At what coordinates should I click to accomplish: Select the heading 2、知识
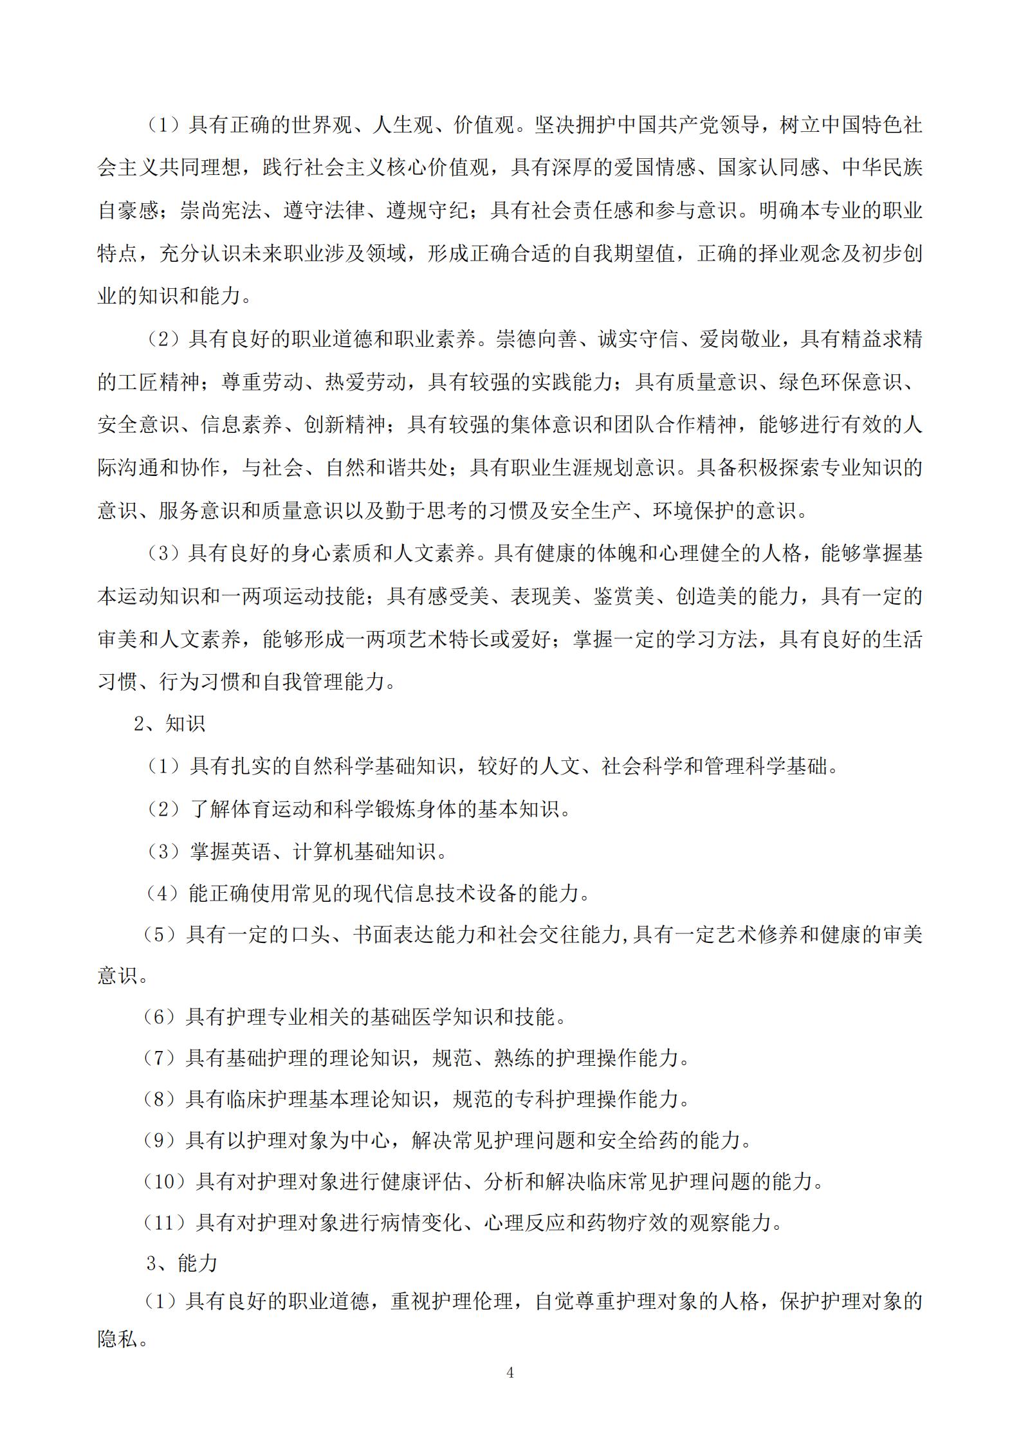tap(170, 724)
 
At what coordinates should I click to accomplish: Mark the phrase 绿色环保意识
tap(840, 382)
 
